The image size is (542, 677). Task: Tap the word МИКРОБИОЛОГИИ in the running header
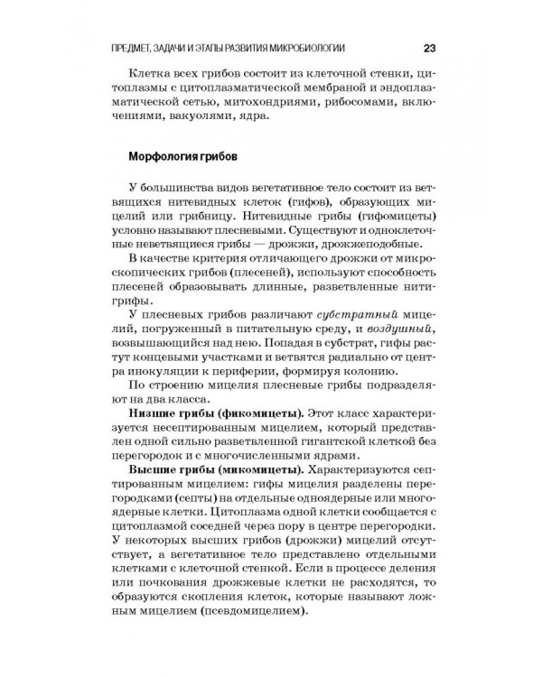[x=313, y=48]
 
